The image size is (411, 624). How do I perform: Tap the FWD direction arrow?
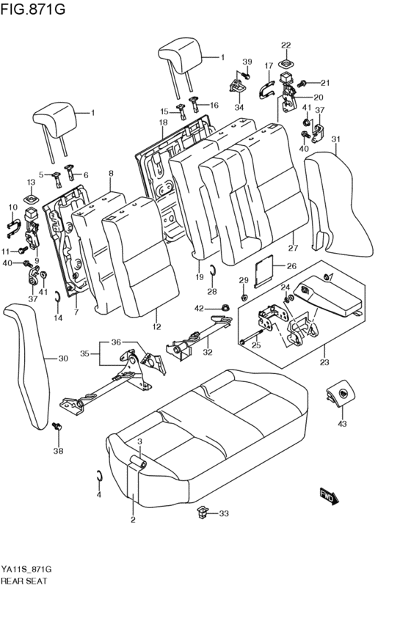[327, 496]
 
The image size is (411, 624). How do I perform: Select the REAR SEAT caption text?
[24, 580]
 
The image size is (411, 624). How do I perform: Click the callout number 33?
[224, 513]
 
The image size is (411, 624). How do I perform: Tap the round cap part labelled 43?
[341, 396]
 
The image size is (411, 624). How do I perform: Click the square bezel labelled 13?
[32, 198]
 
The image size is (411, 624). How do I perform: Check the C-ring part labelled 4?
[100, 478]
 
